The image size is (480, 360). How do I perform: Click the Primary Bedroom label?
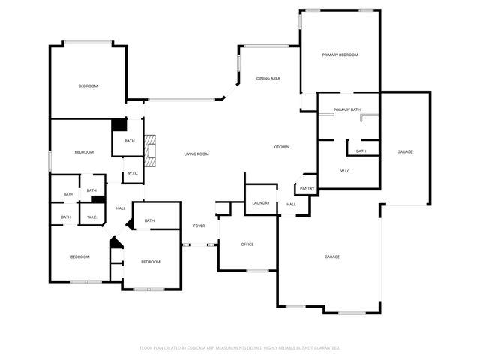point(340,55)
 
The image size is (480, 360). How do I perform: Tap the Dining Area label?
point(268,79)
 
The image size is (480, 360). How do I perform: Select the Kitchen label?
point(281,147)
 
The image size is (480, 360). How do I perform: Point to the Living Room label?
point(196,154)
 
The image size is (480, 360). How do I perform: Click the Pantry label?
point(307,188)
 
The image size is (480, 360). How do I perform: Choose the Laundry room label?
point(261,203)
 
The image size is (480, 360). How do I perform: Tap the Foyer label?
point(199,226)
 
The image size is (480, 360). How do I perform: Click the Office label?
point(247,244)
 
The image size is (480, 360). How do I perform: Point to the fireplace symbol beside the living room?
point(151,150)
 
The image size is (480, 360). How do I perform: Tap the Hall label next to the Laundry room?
point(291,204)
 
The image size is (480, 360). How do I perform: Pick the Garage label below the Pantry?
point(332,257)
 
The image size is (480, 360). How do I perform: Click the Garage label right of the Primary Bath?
point(405,152)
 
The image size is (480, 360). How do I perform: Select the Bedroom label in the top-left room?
point(88,86)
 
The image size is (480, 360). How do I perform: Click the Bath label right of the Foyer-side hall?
point(149,220)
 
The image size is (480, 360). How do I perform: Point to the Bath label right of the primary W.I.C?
point(361,151)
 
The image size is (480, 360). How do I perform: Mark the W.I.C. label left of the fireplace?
point(132,174)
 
